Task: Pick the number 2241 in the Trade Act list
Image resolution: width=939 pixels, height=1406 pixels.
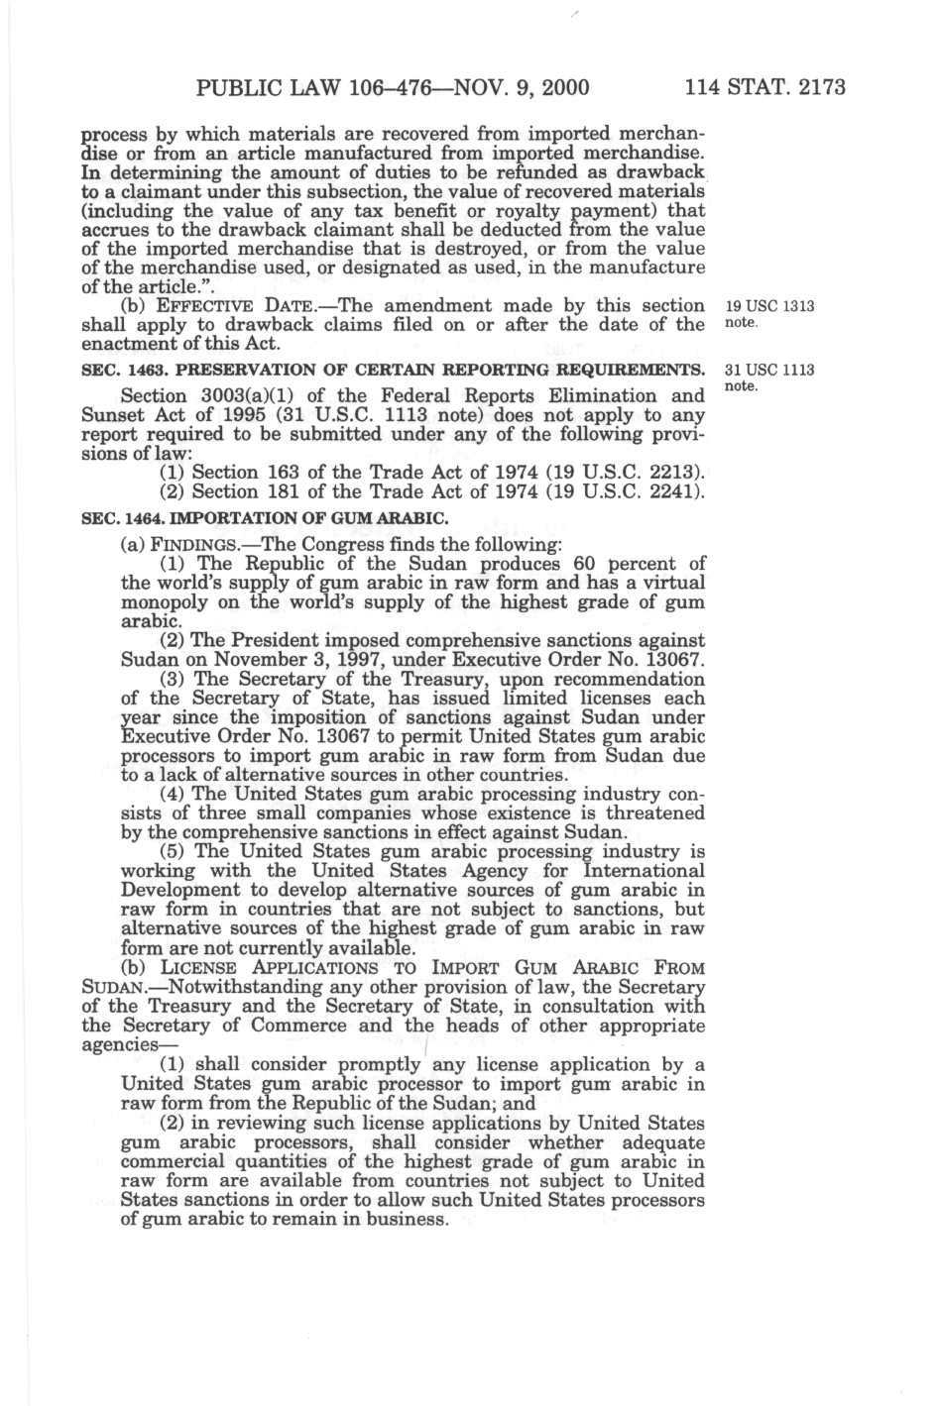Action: pos(669,491)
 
